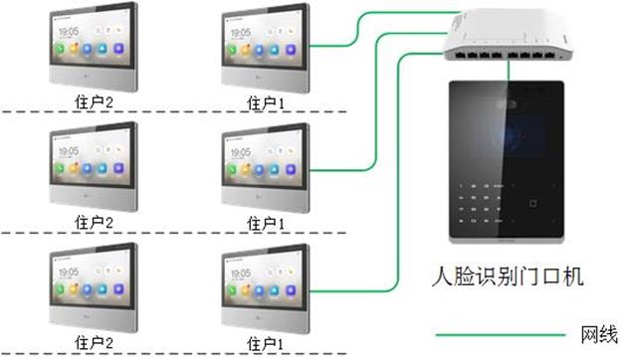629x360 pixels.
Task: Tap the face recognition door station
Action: (x=508, y=159)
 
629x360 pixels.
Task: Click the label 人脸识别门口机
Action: (x=509, y=273)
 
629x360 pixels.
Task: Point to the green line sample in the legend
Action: (x=498, y=333)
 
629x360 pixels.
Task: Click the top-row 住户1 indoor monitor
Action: (x=261, y=48)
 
